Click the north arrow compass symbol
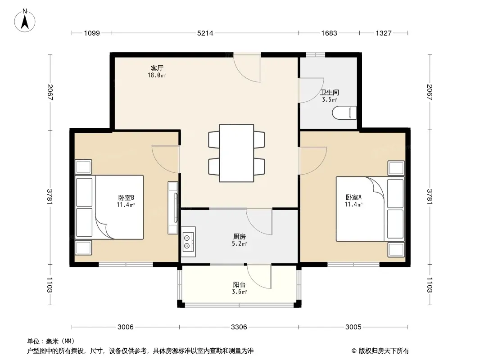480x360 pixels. (25, 21)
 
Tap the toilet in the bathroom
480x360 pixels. (344, 112)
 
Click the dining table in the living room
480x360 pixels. (236, 153)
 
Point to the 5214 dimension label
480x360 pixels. (205, 33)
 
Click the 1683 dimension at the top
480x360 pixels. (329, 33)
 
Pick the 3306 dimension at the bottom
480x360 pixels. (239, 327)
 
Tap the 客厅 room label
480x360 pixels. (157, 68)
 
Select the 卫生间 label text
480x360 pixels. (330, 92)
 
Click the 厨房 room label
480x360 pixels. (240, 236)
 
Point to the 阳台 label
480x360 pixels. (239, 285)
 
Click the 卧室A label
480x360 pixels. (353, 197)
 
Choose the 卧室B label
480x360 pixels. (126, 198)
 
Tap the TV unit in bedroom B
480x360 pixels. (173, 208)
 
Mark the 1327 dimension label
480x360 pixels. (384, 33)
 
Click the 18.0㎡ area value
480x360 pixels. (157, 75)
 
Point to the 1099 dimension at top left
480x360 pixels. (92, 33)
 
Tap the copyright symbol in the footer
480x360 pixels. (354, 351)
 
